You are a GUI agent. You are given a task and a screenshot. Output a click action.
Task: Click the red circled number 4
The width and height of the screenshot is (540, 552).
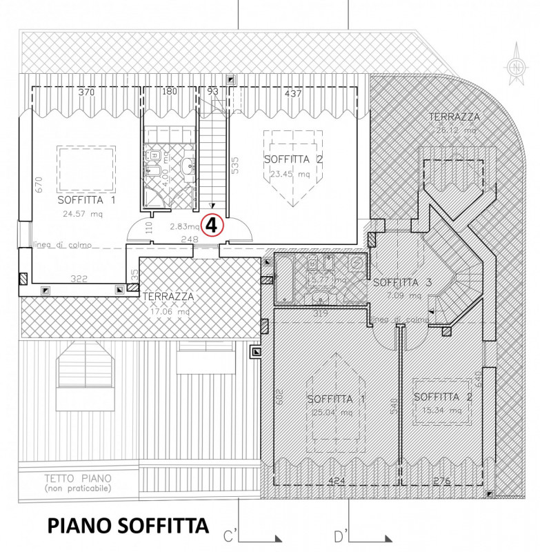point(212,225)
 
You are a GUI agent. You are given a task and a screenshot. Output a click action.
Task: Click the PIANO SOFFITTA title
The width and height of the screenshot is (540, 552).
point(128,526)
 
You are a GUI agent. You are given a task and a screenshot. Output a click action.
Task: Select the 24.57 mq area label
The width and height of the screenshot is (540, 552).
point(86,214)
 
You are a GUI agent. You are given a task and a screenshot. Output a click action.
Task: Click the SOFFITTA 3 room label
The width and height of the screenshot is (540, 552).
point(402,282)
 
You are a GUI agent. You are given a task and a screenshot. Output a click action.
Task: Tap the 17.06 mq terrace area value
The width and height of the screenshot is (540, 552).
point(166,311)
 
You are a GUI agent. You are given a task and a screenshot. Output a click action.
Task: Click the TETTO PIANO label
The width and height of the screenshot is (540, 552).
point(78,477)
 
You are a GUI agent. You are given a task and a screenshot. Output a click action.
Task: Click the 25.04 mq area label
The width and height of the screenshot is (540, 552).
point(335,413)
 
